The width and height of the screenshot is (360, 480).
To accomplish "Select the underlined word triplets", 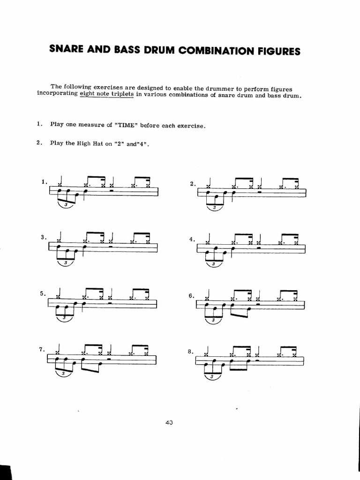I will point(122,94).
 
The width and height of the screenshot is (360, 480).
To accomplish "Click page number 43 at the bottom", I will point(169,422).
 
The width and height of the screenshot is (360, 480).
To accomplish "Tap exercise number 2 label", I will point(192,183).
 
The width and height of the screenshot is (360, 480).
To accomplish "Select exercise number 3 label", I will point(43,237).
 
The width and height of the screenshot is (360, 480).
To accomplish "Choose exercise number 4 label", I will point(192,239).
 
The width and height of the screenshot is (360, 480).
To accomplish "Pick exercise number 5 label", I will point(42,293).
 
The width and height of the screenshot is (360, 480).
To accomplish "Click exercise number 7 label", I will point(41,349).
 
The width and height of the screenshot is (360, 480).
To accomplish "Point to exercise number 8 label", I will point(190,351).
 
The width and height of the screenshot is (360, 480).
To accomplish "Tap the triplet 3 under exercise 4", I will point(213,264).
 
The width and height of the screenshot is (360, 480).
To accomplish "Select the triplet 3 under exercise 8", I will point(212,376).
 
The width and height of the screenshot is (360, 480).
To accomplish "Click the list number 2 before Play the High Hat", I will point(37,143).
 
